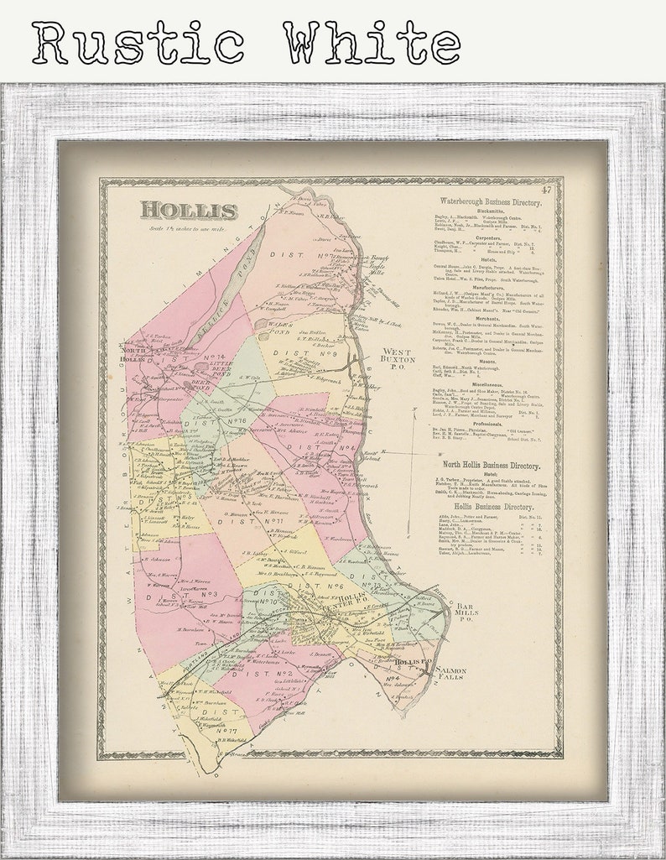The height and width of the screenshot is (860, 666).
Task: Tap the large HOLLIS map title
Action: (189, 210)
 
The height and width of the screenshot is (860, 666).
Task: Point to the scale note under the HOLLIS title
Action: (188, 228)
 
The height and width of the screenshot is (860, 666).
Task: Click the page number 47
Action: (547, 191)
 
